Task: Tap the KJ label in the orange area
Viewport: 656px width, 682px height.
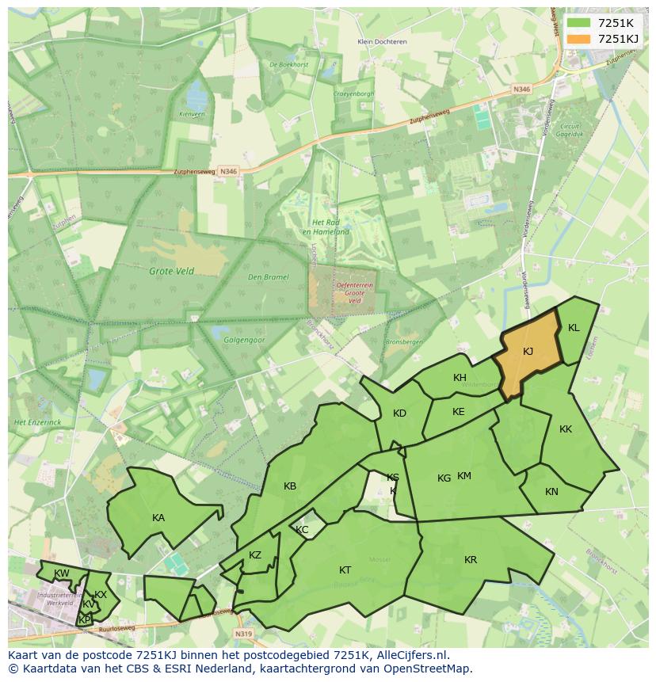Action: (x=528, y=351)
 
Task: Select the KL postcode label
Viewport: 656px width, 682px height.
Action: (x=574, y=328)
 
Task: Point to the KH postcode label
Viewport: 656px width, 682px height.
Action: (x=460, y=378)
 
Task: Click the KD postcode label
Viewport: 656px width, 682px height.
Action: (x=399, y=413)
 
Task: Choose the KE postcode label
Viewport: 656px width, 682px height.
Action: (x=458, y=412)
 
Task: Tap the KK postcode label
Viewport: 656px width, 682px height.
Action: (x=566, y=429)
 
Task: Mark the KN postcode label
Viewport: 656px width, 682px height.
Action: (x=551, y=492)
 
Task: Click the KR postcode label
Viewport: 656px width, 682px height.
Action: (x=471, y=560)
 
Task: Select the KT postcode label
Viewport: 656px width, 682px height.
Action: (x=345, y=570)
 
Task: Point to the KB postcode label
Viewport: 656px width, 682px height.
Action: (x=290, y=486)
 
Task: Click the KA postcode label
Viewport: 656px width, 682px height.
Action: (x=158, y=518)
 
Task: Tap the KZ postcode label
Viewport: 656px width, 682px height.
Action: (x=254, y=555)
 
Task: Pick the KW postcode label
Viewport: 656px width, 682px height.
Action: (x=61, y=573)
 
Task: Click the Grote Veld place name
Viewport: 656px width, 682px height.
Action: (x=171, y=271)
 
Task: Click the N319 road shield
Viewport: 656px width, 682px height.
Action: (x=243, y=634)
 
